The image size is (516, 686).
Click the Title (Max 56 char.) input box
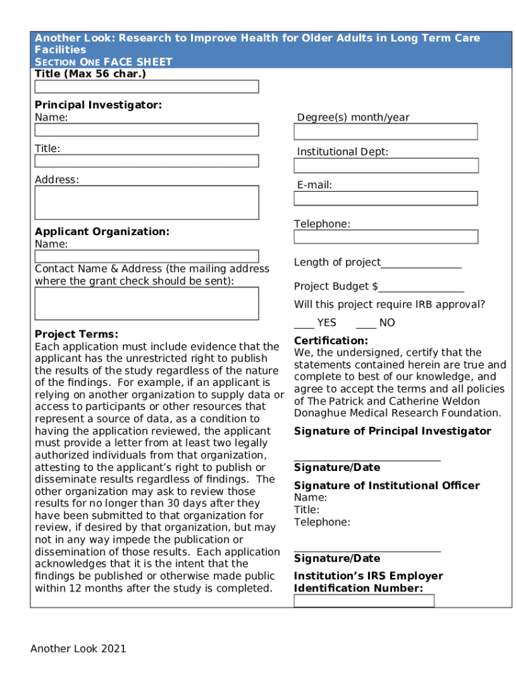click(146, 86)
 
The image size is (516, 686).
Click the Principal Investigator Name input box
click(146, 130)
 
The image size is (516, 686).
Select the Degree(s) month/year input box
click(385, 131)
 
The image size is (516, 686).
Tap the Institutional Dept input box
click(386, 165)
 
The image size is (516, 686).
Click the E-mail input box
click(385, 198)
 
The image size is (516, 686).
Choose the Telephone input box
click(385, 236)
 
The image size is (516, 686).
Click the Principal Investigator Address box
click(146, 202)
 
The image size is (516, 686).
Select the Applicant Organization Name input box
click(146, 256)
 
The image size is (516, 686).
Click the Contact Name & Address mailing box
click(146, 303)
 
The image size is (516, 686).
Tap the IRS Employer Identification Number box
click(364, 601)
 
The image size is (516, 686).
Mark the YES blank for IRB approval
click(304, 324)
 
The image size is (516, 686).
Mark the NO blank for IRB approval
click(366, 324)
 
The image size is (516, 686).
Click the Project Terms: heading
click(76, 334)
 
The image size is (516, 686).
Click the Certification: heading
click(331, 341)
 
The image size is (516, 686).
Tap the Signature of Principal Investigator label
click(392, 431)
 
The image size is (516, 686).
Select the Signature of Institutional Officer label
click(387, 486)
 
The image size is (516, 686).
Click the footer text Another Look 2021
click(78, 648)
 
